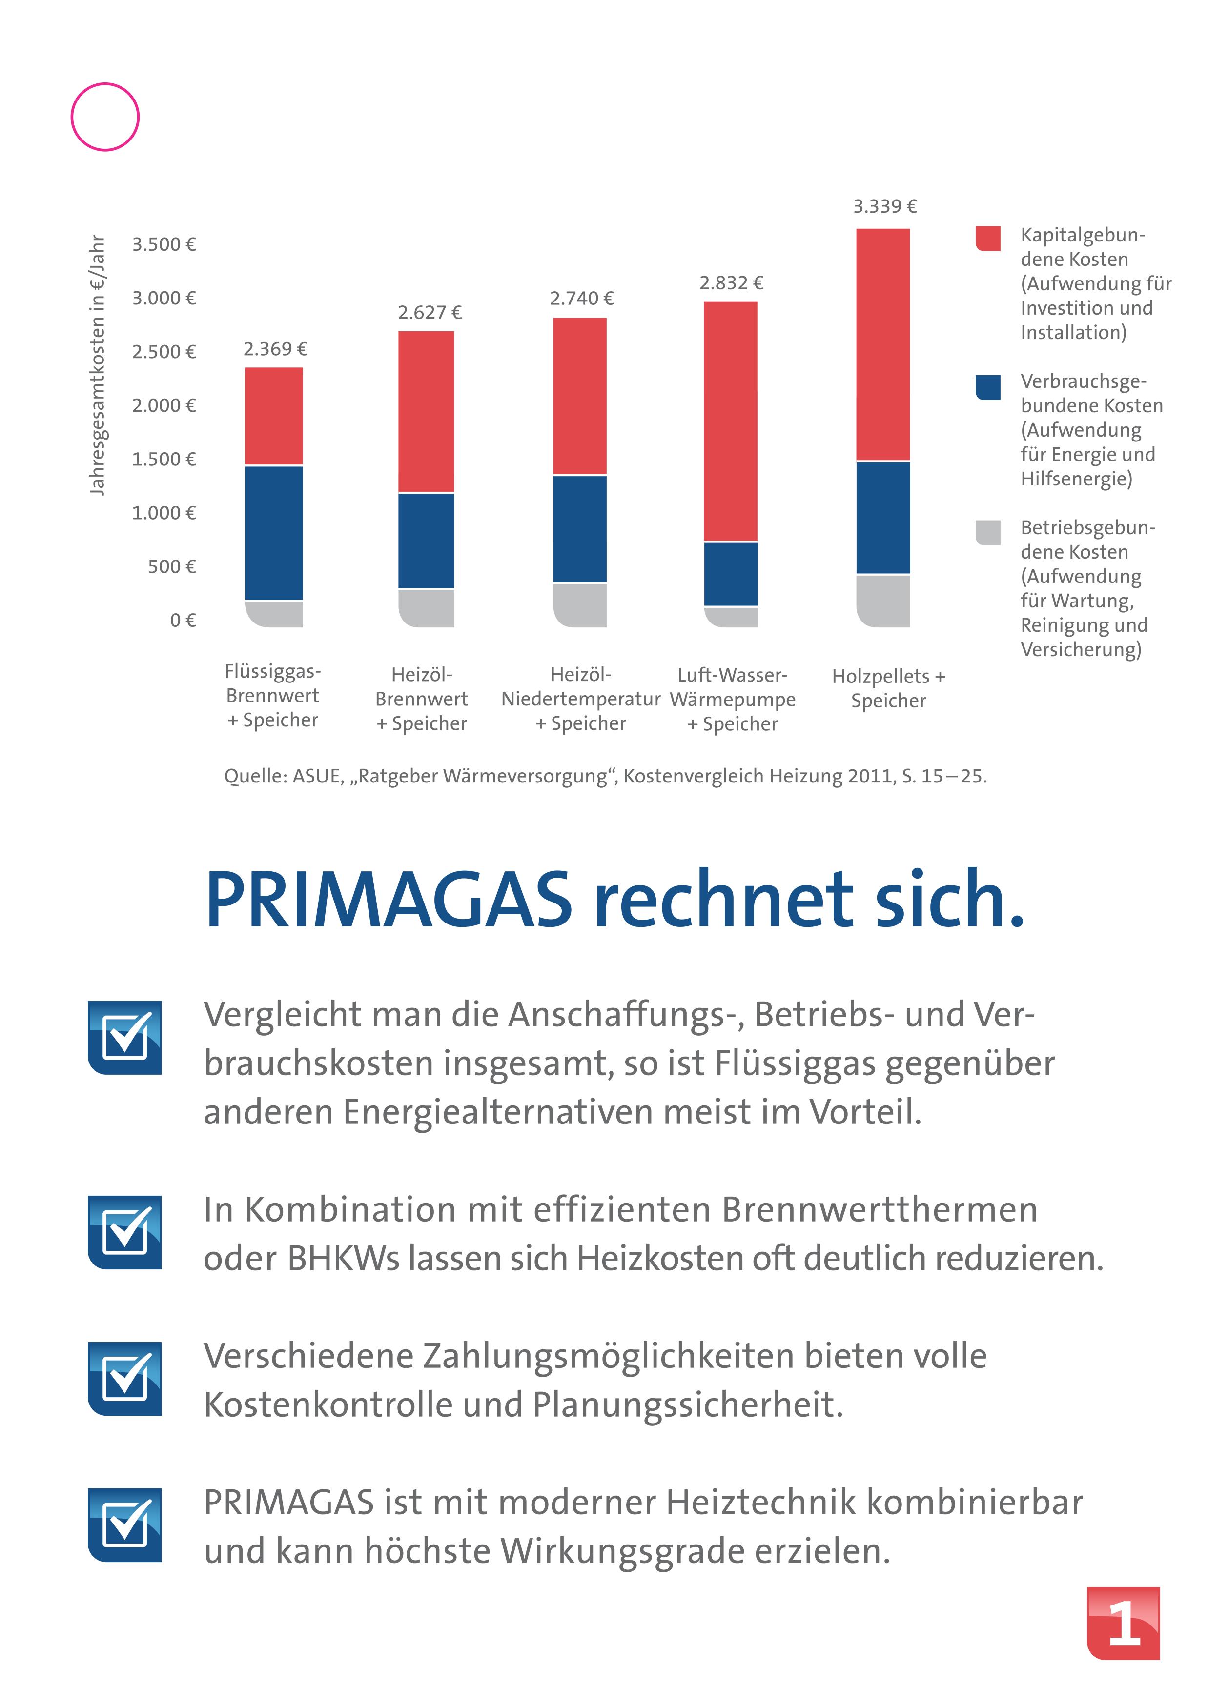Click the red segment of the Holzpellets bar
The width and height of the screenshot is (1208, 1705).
[883, 344]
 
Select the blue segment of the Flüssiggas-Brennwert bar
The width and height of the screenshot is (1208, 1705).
[274, 532]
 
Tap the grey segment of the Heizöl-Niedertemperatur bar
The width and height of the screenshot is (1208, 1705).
[580, 604]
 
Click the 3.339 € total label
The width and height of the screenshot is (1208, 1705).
[884, 206]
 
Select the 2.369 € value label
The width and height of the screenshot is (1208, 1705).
[275, 349]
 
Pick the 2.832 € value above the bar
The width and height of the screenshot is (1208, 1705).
[731, 282]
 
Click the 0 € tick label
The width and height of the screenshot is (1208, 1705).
[182, 620]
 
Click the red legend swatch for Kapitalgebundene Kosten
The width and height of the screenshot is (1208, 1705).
[988, 238]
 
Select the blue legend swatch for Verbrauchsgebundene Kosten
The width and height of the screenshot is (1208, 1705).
[988, 387]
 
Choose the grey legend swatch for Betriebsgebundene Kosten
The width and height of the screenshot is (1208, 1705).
[988, 532]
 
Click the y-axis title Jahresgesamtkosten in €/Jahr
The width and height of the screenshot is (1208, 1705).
[98, 365]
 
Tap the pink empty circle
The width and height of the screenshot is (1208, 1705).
[105, 117]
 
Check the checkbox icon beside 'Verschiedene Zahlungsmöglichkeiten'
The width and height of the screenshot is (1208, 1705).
[125, 1378]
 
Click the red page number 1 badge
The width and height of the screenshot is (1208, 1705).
[1123, 1623]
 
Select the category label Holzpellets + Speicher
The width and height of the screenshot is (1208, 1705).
[888, 688]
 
